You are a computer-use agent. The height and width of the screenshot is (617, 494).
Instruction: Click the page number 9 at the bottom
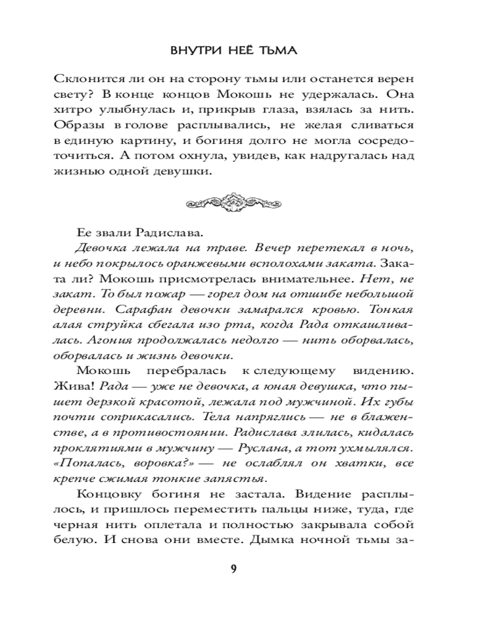(x=233, y=568)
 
